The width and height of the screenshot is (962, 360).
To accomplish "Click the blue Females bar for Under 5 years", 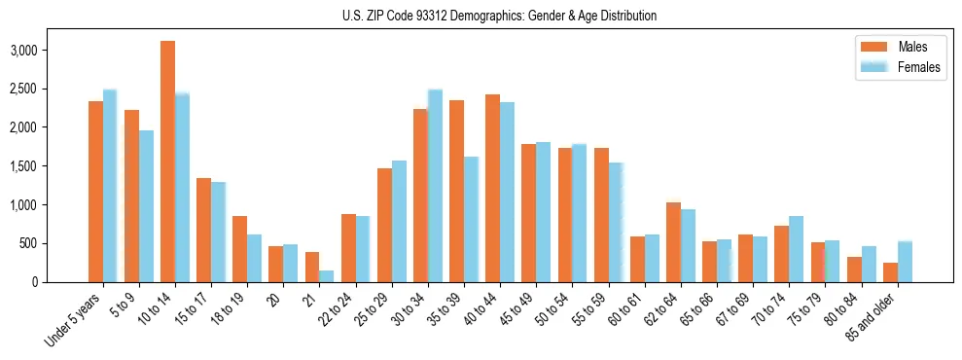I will (110, 186).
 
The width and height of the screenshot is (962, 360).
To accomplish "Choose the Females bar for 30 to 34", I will (435, 186).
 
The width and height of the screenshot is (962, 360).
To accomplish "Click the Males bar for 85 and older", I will (890, 272).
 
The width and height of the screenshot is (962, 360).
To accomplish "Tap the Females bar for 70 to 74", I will (796, 249).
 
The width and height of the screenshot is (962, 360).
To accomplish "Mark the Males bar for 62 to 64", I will (673, 242).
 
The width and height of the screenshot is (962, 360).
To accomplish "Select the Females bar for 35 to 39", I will (471, 219).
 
